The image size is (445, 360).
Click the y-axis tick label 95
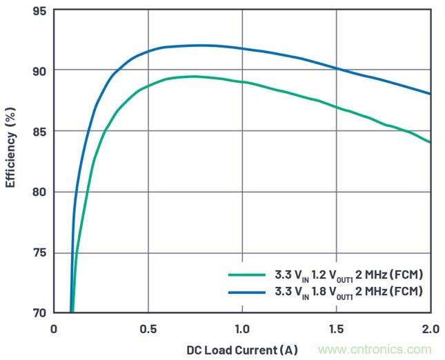click(x=38, y=11)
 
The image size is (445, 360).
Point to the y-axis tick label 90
click(x=38, y=71)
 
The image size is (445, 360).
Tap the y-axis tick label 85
click(x=38, y=131)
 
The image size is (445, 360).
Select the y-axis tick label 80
click(x=38, y=192)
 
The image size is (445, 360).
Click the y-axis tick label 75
click(x=38, y=252)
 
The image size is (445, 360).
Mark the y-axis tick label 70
click(x=38, y=312)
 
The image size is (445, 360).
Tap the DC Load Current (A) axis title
click(x=241, y=350)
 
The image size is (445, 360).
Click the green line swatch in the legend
click(x=247, y=274)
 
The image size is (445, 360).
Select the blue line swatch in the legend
click(x=247, y=292)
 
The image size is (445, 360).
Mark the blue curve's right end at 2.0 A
click(x=430, y=94)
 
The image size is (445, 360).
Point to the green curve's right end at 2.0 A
click(x=430, y=142)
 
